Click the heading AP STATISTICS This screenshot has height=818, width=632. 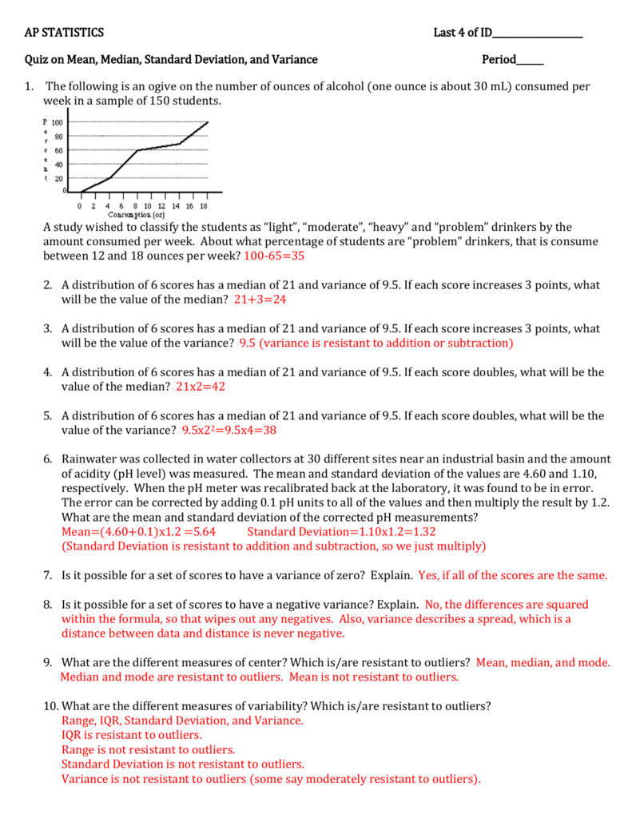(x=64, y=33)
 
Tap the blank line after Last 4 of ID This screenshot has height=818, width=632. (x=537, y=34)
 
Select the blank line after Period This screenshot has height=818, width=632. (x=530, y=60)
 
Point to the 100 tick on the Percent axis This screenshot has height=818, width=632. (x=58, y=122)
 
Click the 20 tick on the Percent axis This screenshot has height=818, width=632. (x=59, y=178)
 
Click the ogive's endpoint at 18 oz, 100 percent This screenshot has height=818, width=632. (x=208, y=122)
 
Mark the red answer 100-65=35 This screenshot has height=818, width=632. (x=274, y=256)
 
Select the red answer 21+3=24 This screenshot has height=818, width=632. (x=260, y=300)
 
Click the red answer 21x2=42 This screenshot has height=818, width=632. (x=201, y=387)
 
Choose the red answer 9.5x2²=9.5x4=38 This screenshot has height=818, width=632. (x=229, y=430)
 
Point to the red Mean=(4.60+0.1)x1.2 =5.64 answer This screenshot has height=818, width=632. (x=138, y=531)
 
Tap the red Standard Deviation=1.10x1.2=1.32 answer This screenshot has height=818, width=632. (x=341, y=531)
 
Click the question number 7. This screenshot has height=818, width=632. (x=48, y=575)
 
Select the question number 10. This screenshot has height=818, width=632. (x=50, y=706)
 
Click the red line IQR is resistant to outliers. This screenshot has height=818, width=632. (x=132, y=735)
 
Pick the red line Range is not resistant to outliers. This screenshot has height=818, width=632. (x=148, y=749)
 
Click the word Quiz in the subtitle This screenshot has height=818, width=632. (x=37, y=59)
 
